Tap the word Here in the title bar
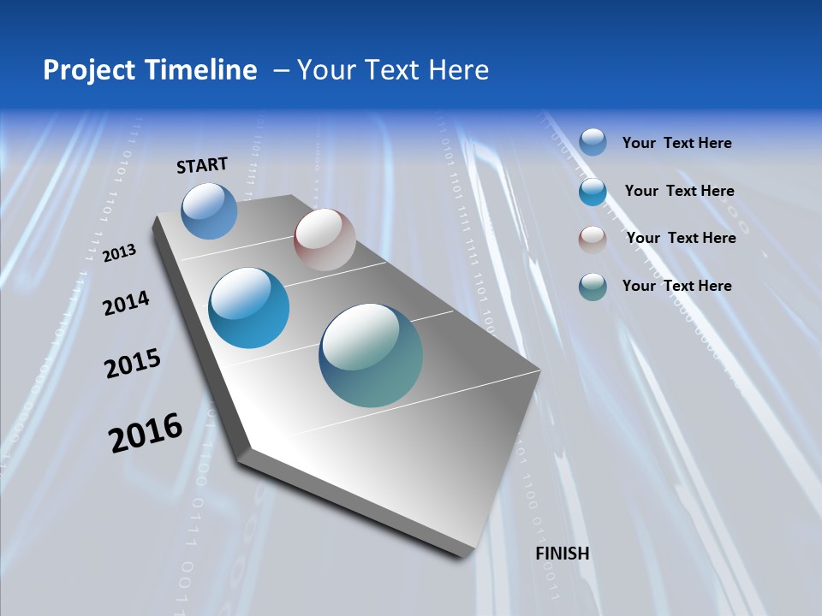[x=458, y=70]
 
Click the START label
[x=202, y=165]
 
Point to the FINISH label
[x=563, y=554]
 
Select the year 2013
[x=120, y=252]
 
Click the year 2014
[x=127, y=303]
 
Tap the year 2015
[x=133, y=364]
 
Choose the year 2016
[x=146, y=433]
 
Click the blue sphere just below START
[x=209, y=210]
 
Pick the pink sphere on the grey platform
[x=325, y=240]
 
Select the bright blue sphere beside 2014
[x=249, y=308]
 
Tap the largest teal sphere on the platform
[x=371, y=355]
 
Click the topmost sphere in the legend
[x=593, y=142]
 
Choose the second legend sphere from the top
[x=593, y=192]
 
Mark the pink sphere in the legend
[x=593, y=240]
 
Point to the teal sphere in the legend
[x=593, y=287]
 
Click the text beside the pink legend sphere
[x=681, y=238]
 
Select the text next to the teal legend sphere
[x=676, y=286]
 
